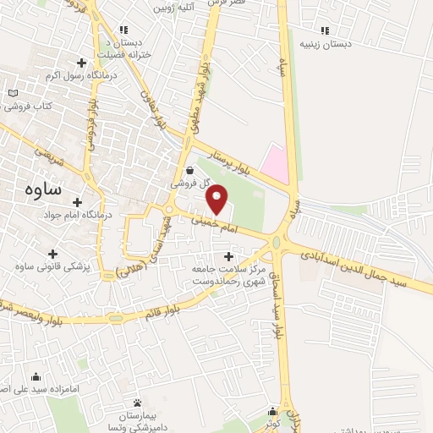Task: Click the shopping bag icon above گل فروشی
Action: [188, 168]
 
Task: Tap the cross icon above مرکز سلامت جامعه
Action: [228, 256]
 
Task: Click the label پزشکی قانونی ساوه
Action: [52, 267]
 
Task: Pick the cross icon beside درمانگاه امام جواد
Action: [78, 203]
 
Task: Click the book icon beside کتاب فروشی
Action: [12, 93]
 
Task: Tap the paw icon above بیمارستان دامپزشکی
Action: [138, 401]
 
